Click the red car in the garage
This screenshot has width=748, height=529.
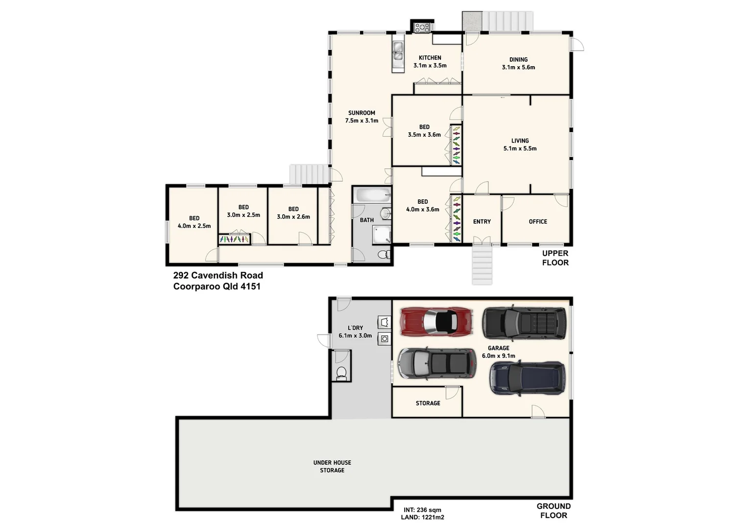coord(436,322)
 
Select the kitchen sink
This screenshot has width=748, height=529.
coord(398,51)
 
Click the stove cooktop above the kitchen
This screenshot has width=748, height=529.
coord(422,27)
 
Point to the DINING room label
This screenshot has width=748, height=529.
coord(518,60)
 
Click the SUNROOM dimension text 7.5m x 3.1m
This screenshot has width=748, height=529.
coord(362,120)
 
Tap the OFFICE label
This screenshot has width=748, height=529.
coord(537,221)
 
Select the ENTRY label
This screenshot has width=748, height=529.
coord(482,221)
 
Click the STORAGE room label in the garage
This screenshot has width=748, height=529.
coord(428,403)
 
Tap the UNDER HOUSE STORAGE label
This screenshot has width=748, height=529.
coord(332,466)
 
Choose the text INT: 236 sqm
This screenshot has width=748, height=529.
coord(422,509)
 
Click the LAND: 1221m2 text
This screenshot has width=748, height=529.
coord(422,517)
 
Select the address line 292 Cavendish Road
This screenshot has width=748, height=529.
coord(218,275)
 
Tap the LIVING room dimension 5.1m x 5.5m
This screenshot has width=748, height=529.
coord(520,148)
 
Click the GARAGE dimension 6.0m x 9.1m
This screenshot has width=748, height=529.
coord(498,356)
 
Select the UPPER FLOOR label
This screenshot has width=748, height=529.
coord(555,258)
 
